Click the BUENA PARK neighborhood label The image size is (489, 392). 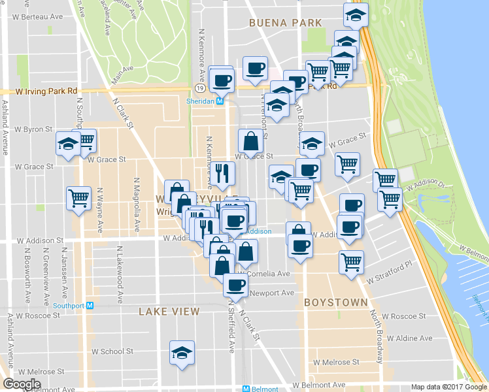286,23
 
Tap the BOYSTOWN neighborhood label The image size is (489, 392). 336,303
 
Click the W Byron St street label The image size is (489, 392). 31,129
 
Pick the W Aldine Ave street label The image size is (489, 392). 409,338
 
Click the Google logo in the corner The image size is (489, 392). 21,384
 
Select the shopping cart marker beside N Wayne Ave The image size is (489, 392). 79,197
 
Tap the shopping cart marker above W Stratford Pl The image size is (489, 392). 352,262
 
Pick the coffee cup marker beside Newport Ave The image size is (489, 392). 235,284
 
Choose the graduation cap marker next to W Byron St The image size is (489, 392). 68,144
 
